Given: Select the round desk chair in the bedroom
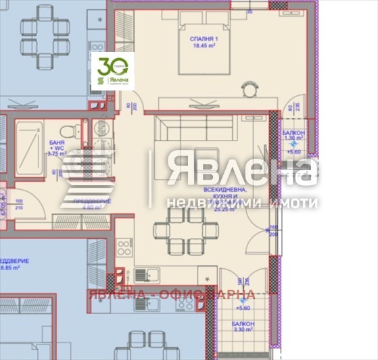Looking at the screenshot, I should click(x=250, y=87).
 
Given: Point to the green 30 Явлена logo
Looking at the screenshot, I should click(x=112, y=70).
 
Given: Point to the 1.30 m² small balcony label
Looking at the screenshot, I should click(x=293, y=136).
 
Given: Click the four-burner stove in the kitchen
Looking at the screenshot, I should click(x=124, y=247).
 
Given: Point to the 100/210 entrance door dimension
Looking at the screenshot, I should click(x=19, y=205).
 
